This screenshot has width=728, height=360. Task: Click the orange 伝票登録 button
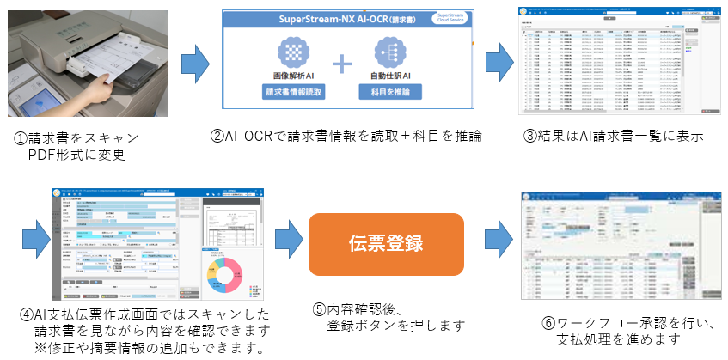point(386,243)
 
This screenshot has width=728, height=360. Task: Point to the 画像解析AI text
point(294,76)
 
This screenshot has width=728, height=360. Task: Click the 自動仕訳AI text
point(390,76)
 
